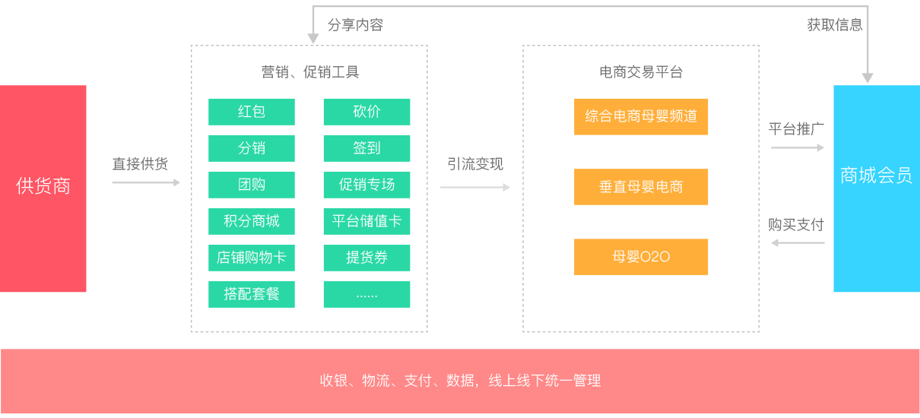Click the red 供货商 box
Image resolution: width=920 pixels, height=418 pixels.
click(43, 188)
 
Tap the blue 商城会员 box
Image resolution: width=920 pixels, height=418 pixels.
click(876, 188)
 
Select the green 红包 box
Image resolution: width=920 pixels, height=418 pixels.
click(252, 112)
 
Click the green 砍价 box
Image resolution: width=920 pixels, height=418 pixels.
click(366, 112)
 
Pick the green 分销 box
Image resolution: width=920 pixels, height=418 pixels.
click(252, 148)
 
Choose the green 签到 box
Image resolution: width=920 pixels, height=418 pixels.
click(366, 148)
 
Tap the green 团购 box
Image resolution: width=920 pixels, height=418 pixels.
click(252, 185)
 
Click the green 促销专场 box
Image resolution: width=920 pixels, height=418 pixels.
click(366, 185)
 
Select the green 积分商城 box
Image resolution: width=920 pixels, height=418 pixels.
click(252, 221)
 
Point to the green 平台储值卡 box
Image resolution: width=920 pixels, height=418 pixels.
click(366, 221)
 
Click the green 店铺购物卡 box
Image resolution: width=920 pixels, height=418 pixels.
click(252, 258)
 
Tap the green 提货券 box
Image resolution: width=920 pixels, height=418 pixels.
click(366, 258)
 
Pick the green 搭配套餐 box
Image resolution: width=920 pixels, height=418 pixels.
click(252, 294)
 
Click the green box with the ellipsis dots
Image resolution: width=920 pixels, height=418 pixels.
click(366, 294)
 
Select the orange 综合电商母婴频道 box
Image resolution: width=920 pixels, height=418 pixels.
click(641, 116)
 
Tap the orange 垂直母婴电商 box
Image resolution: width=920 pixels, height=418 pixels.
click(641, 187)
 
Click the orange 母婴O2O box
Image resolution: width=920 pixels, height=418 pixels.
click(641, 257)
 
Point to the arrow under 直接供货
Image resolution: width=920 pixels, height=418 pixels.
click(146, 182)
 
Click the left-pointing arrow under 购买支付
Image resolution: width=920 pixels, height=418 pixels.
click(798, 243)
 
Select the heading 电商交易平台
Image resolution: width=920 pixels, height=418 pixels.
click(640, 72)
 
